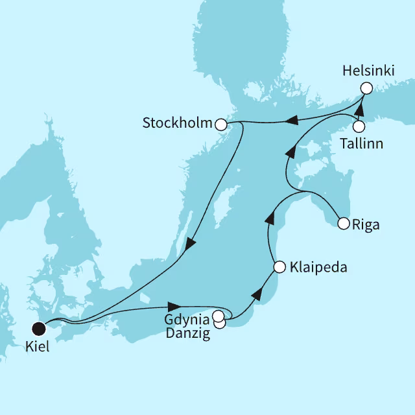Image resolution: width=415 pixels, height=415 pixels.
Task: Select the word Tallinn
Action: coord(361,143)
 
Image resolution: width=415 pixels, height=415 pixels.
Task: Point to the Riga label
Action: coord(366,225)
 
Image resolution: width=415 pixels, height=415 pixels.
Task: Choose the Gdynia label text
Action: coord(187,319)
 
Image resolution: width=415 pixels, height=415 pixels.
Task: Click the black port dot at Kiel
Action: coord(39,329)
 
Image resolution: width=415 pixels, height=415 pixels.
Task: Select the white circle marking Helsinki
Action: coord(366,88)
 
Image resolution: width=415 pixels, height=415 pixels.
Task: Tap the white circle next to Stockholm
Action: coord(220,123)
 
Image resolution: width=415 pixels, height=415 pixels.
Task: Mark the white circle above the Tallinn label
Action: coord(359,126)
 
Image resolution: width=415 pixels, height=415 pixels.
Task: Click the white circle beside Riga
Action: coord(344,224)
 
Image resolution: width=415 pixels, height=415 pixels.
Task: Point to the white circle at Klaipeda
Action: coord(279,267)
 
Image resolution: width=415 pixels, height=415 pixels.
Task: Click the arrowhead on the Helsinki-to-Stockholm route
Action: coord(292,120)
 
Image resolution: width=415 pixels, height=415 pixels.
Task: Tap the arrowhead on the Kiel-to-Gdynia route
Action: coord(173,305)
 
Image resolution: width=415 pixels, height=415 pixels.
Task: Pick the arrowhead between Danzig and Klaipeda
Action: coord(257,295)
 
